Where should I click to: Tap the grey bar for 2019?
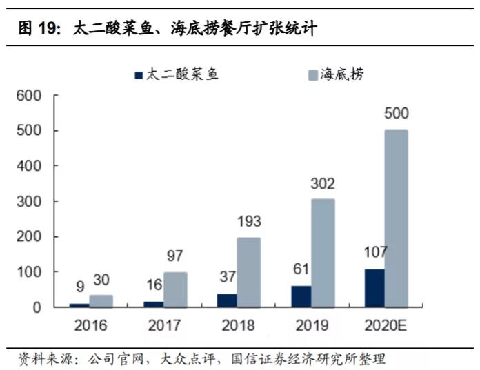tap(323, 252)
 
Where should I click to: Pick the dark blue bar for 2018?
tap(226, 300)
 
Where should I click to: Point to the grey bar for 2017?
tap(175, 289)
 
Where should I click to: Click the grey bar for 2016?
tap(101, 300)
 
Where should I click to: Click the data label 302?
tap(322, 184)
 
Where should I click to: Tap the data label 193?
tap(249, 223)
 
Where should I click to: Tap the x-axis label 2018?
tap(237, 325)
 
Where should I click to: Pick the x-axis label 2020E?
tap(384, 325)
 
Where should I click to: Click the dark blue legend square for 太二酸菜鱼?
tap(137, 75)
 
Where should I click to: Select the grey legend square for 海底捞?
tap(312, 75)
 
